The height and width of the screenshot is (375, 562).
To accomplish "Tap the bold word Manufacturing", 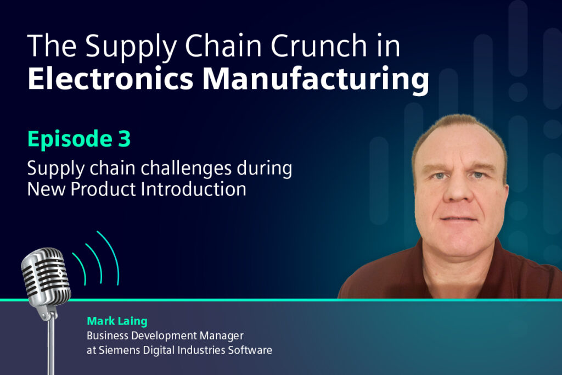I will click(315, 80).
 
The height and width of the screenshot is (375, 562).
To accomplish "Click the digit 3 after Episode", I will click(123, 139).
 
